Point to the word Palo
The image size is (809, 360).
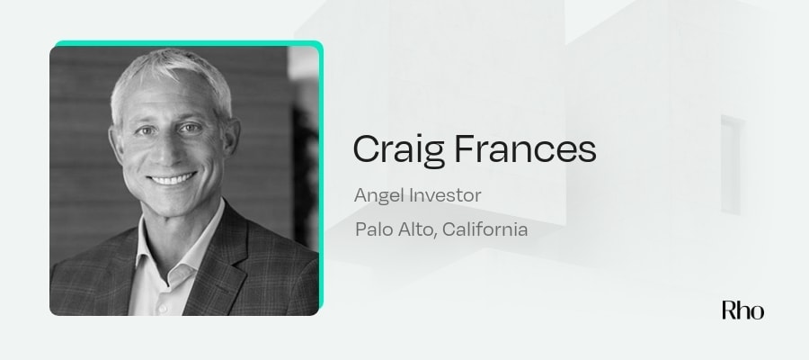pyautogui.click(x=375, y=229)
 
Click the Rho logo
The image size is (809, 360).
pyautogui.click(x=742, y=310)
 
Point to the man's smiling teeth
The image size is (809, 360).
pyautogui.click(x=171, y=177)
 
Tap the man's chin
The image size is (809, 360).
pyautogui.click(x=173, y=202)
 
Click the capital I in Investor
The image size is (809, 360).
pyautogui.click(x=410, y=194)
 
